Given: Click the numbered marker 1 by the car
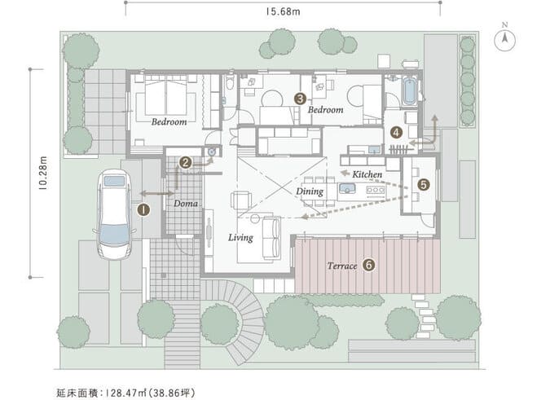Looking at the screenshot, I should (x=143, y=209).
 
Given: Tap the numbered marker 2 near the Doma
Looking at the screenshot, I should (x=186, y=163).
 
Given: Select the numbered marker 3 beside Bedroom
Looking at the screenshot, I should (x=300, y=98).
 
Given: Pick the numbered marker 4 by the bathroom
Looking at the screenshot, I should (x=395, y=131).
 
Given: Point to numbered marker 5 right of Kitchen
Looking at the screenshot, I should (x=422, y=184).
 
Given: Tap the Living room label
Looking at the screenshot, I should (x=240, y=238).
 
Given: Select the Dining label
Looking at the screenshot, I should (x=310, y=191).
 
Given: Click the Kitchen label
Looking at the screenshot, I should (x=367, y=174).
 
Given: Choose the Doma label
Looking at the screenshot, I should (x=185, y=203).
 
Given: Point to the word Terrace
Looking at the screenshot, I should (x=341, y=266).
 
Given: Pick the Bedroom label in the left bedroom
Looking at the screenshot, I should (x=169, y=121).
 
